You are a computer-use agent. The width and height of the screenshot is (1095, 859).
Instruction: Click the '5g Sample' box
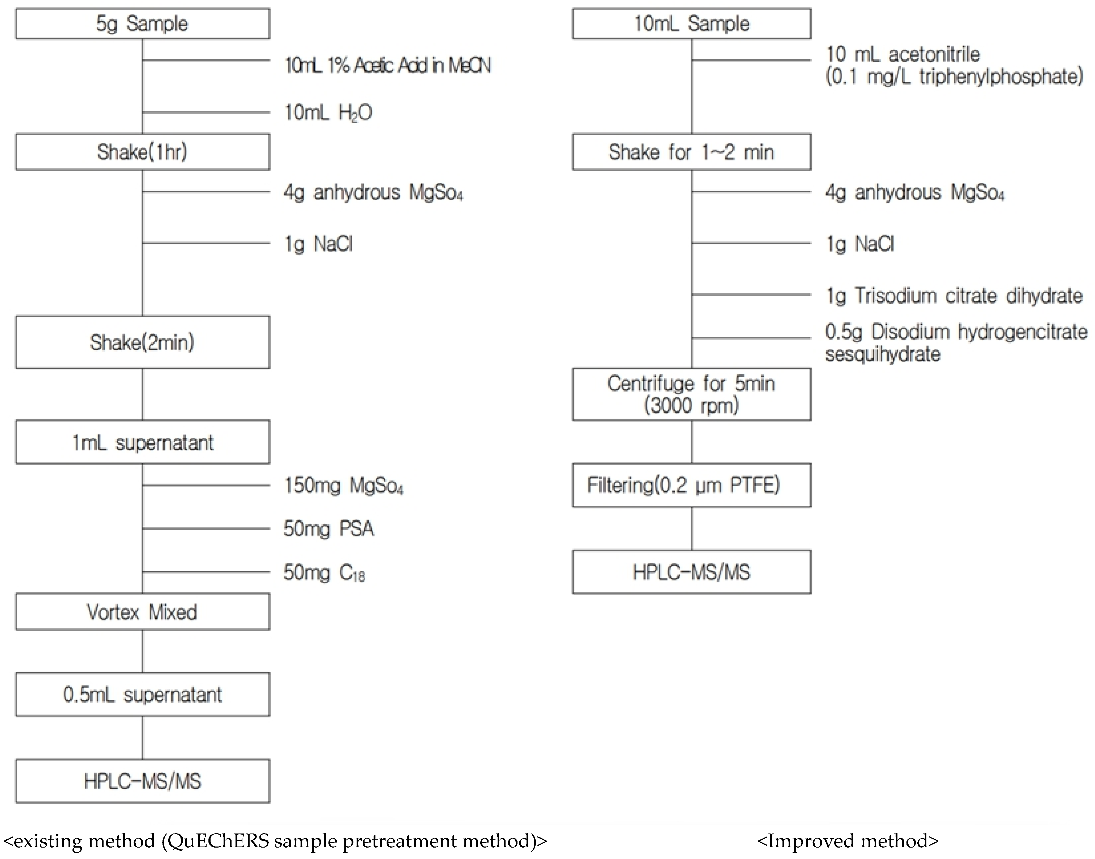click(x=142, y=24)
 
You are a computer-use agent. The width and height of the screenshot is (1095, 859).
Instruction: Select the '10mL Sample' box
click(x=691, y=24)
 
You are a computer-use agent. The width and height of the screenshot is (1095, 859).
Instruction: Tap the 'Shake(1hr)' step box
click(x=142, y=152)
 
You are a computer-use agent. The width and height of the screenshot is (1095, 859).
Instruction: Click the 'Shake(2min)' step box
click(x=142, y=342)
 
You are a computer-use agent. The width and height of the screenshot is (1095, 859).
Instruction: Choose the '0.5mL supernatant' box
click(x=142, y=695)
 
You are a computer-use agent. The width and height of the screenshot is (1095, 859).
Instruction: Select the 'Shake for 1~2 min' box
click(x=691, y=152)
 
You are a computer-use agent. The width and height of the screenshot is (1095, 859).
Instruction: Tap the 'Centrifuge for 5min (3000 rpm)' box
click(x=691, y=394)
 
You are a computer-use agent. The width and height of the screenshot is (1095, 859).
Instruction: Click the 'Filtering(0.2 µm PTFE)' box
click(x=691, y=485)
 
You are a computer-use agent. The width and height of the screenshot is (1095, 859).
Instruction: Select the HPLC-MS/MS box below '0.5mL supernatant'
click(x=142, y=781)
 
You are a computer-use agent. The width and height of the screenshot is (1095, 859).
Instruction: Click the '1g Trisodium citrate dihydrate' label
click(x=954, y=296)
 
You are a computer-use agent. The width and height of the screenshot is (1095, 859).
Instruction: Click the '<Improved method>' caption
click(x=848, y=841)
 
